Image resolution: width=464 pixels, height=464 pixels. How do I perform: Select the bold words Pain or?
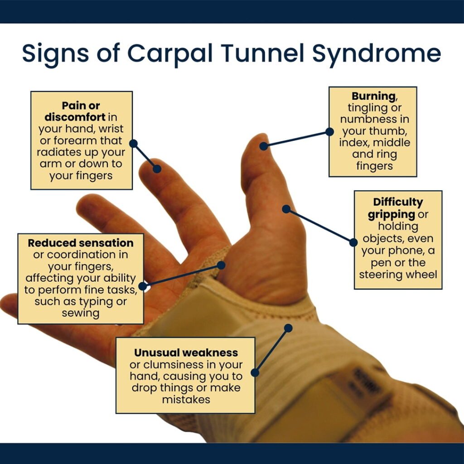(81, 106)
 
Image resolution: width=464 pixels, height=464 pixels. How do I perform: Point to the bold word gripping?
(391, 214)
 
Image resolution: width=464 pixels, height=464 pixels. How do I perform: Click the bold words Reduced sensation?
(81, 243)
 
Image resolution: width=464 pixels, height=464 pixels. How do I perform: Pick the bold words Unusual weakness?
(185, 353)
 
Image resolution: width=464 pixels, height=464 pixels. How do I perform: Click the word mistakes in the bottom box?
(186, 400)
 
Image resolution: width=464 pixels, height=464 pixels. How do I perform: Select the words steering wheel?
(398, 275)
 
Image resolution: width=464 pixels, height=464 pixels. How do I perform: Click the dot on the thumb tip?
(263, 146)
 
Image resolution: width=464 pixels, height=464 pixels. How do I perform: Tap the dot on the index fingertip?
(157, 169)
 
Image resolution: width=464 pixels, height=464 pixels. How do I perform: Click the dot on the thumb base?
(286, 209)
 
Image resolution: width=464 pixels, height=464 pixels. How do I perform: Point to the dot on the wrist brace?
(288, 327)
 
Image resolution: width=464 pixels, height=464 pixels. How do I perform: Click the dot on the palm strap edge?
(221, 265)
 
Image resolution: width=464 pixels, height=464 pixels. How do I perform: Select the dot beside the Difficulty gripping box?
(353, 242)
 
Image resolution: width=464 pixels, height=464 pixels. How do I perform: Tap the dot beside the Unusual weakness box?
(255, 372)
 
